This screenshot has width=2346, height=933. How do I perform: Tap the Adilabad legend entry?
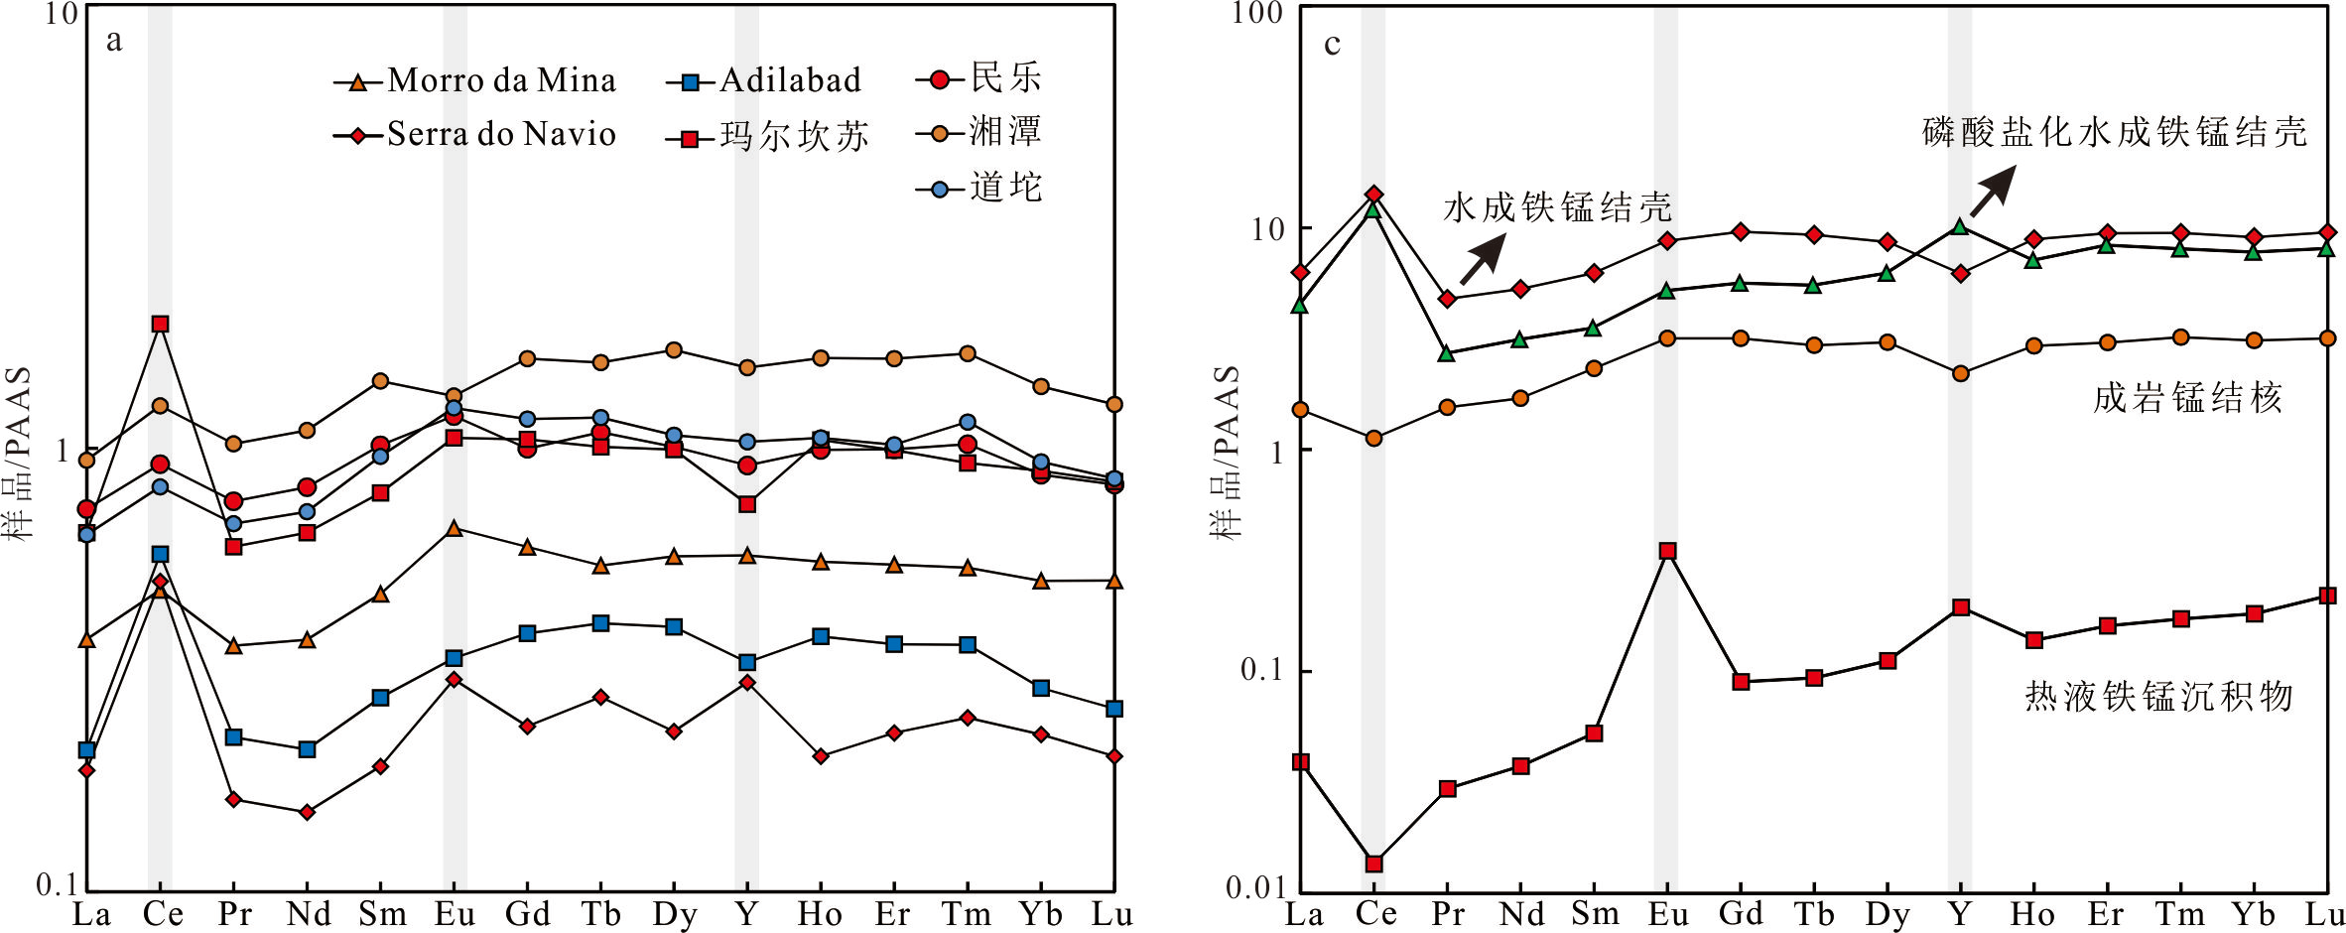(x=764, y=80)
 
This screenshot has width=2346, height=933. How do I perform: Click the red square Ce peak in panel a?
(x=160, y=324)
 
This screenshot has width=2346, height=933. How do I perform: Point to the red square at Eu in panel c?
(x=1667, y=551)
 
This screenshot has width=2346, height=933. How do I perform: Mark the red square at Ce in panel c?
(x=1373, y=864)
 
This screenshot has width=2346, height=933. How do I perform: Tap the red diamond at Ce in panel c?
(x=1373, y=194)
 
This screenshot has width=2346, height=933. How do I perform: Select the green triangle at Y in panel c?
(x=1959, y=227)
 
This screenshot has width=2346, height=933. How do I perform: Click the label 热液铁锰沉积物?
(x=2158, y=696)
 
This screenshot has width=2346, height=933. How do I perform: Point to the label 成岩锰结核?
(x=2187, y=398)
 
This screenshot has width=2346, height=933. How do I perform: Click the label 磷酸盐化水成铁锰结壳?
(x=2114, y=132)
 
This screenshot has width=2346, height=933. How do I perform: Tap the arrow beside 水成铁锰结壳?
(x=1483, y=260)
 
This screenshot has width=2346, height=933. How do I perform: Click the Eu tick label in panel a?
(x=454, y=914)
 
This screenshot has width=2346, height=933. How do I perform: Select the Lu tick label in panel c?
(x=2324, y=914)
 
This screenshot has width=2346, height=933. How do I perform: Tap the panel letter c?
(x=1332, y=44)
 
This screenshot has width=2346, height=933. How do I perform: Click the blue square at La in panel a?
(x=86, y=749)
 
